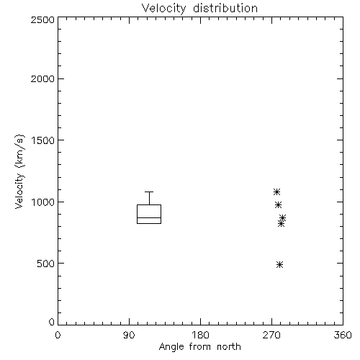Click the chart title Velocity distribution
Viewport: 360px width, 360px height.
199,9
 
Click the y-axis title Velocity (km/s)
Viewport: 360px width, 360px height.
19,171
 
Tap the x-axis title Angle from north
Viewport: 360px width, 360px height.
200,347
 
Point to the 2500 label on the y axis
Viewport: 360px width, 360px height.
42,19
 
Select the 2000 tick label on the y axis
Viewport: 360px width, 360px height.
42,78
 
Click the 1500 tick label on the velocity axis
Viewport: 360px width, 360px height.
43,140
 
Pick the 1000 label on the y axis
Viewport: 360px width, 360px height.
43,202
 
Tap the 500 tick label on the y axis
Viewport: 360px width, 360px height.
45,264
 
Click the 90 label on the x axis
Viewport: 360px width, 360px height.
129,335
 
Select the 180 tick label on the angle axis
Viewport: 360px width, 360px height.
201,335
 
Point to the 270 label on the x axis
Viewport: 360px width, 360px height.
271,335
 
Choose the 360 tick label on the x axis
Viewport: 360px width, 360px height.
343,335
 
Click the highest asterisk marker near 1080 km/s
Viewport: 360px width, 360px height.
276,192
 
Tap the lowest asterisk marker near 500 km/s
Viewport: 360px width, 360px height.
279,264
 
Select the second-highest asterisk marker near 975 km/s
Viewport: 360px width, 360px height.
278,204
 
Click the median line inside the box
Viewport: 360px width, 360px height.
149,217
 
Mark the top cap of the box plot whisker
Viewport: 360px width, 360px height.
149,192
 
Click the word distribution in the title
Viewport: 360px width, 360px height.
225,9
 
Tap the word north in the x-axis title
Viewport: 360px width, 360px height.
229,347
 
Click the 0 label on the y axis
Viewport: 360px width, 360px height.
52,322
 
